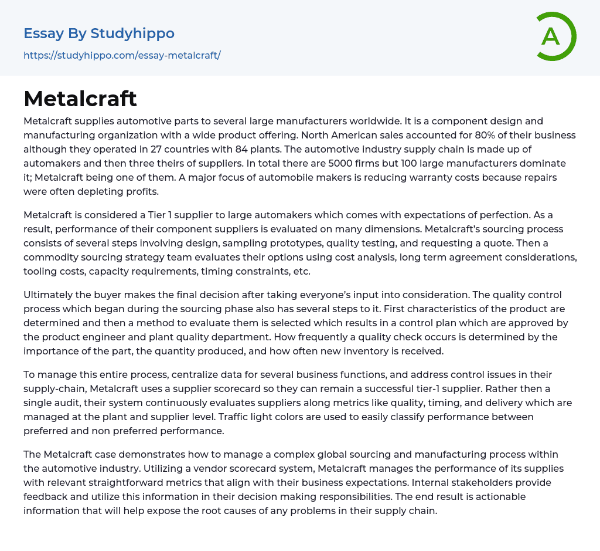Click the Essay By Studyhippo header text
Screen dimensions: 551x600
[x=99, y=33]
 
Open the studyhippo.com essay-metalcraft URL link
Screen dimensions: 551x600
[x=122, y=56]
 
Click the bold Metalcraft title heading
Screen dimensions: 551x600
[x=80, y=99]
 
